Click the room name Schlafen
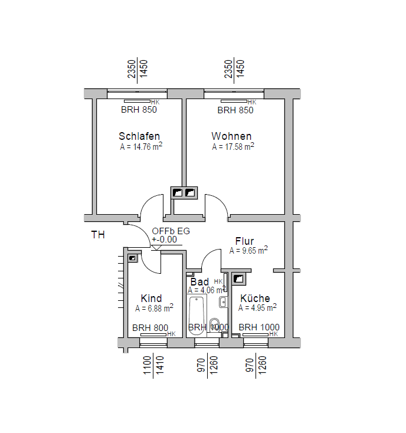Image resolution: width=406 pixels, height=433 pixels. pos(139,136)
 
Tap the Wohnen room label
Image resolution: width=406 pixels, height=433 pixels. pos(231,136)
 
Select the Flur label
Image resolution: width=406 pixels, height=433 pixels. pos(244,241)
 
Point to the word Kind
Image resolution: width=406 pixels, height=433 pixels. pos(151,298)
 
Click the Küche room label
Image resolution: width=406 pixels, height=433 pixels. pos(255,298)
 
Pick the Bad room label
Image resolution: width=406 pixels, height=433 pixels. pos(200,282)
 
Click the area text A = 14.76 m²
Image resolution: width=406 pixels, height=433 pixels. pos(141,147)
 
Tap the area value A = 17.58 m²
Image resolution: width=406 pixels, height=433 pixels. pos(233,147)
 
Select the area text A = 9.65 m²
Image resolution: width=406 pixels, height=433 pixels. pos(248,251)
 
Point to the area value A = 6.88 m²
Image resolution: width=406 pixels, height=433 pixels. pos(154,309)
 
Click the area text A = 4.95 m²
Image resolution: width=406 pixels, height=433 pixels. pos(257,308)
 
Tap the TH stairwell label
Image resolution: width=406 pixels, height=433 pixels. pos(98,235)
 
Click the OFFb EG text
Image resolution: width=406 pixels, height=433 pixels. pos(171,231)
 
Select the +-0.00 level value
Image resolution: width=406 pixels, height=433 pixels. pos(164,240)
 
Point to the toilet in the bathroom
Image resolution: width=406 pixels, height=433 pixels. pos(215,324)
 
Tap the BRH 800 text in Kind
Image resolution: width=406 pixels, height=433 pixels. pos(150,328)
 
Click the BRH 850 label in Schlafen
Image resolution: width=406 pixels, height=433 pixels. pos(139,110)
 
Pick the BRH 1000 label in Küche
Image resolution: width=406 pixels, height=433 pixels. pos(259,328)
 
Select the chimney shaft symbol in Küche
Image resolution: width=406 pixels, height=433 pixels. pos(239,278)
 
